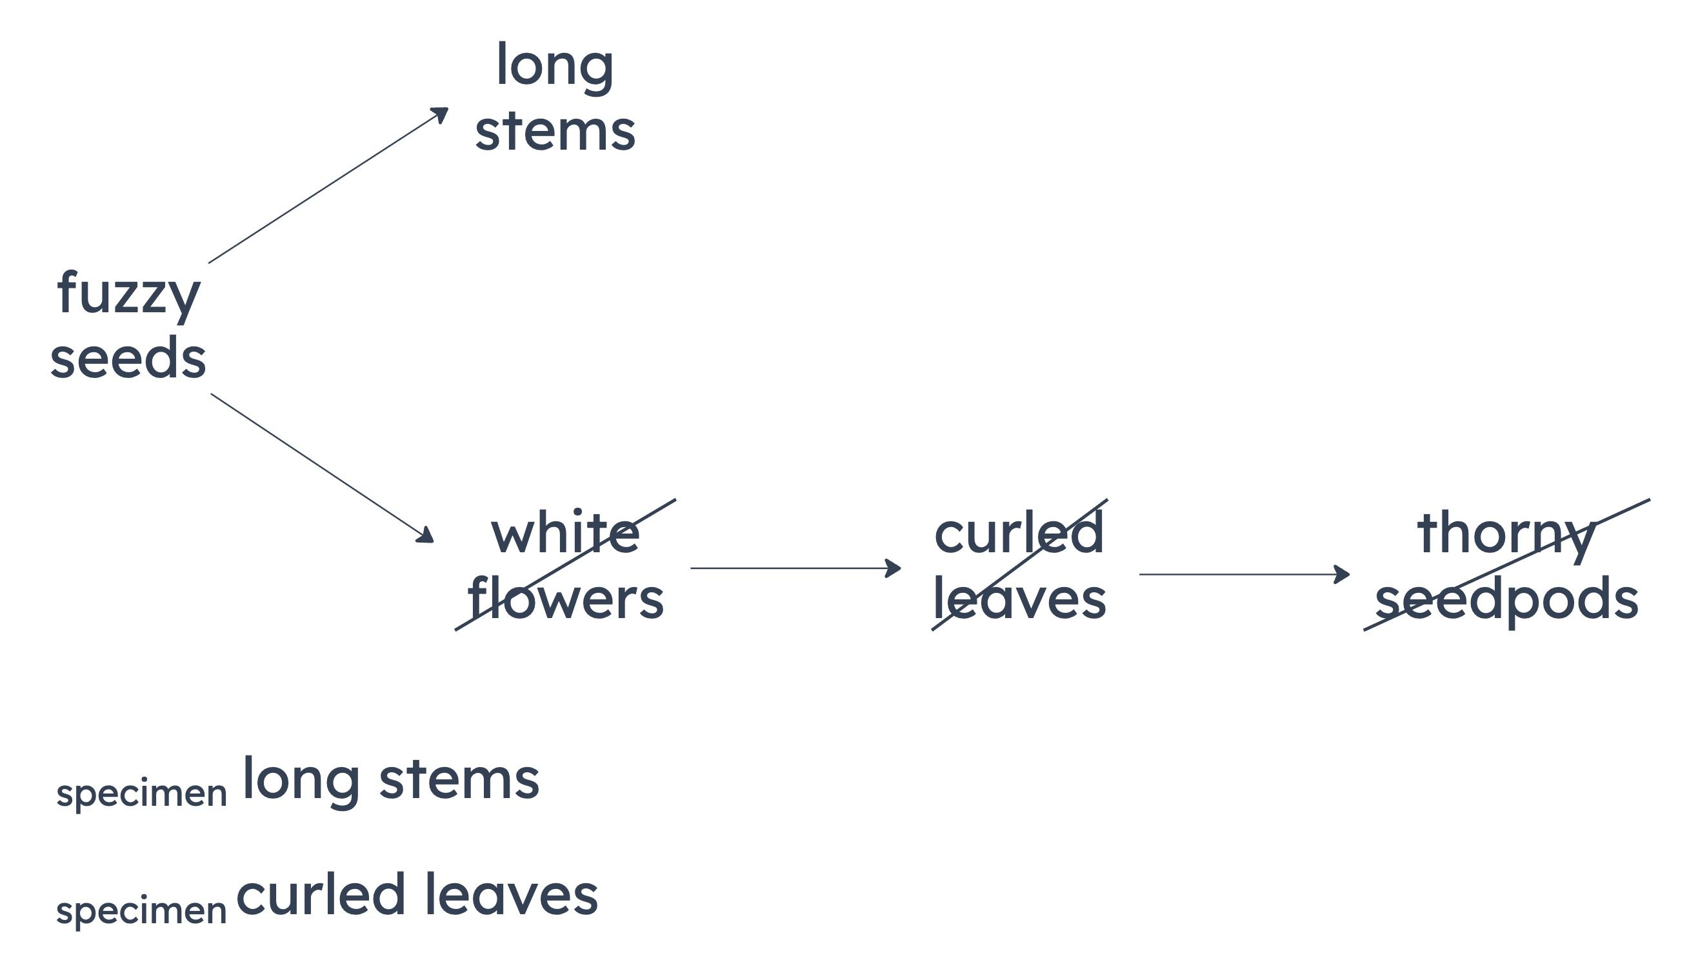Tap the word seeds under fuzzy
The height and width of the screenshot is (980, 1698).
click(128, 357)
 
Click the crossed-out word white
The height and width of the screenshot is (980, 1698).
click(565, 531)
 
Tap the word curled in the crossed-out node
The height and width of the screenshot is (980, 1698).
click(1019, 531)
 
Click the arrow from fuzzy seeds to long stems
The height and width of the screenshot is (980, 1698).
click(328, 185)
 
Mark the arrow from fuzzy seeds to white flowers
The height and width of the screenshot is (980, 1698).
click(323, 468)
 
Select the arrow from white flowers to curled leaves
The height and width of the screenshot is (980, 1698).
click(795, 568)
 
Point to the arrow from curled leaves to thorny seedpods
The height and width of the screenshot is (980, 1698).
click(1244, 574)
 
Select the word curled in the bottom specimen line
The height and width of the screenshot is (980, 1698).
click(321, 895)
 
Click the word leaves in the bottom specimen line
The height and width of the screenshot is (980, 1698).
click(512, 895)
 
